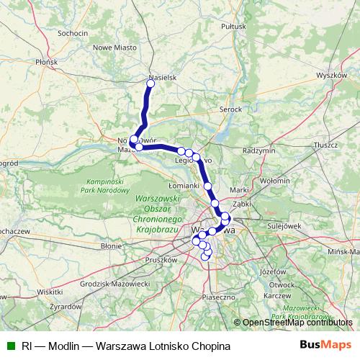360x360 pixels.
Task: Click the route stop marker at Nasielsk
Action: (150, 84)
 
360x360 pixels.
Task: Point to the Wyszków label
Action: (332, 75)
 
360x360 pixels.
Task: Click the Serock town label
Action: (230, 110)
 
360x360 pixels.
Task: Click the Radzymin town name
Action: (259, 150)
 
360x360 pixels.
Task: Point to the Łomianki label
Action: (184, 186)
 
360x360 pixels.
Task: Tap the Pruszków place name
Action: (161, 258)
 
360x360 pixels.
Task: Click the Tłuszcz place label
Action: (326, 145)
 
